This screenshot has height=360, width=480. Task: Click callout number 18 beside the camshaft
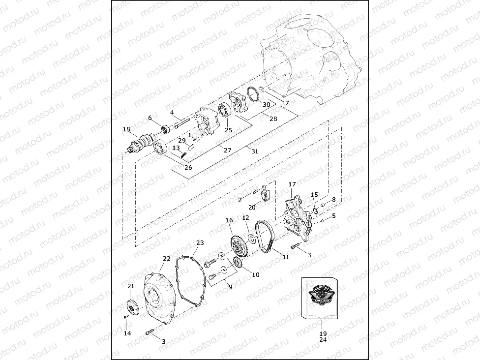pos(126,130)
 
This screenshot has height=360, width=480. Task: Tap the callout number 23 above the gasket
pos(200,243)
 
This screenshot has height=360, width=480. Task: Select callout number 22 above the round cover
pos(166,259)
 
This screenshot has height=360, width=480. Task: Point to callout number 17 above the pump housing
pos(292,184)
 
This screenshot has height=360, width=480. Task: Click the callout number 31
pos(254,151)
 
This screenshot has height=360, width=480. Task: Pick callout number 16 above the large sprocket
pos(229,220)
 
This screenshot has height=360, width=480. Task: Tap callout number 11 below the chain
pos(285,256)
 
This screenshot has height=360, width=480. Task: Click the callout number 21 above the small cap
pos(130,286)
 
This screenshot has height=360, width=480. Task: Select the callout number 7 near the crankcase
pos(287,102)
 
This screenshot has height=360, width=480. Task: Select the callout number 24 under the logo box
pos(323,339)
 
